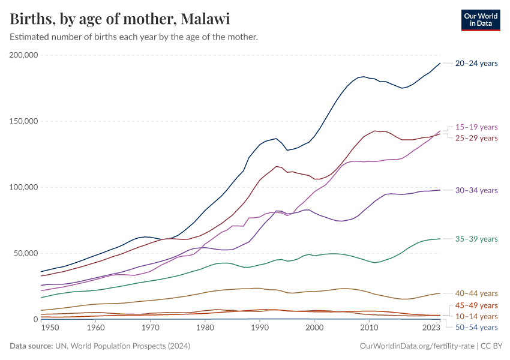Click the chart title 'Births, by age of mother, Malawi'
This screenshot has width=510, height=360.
tap(120, 19)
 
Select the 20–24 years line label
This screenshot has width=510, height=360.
tap(476, 64)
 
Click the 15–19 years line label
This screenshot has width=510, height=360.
tap(476, 127)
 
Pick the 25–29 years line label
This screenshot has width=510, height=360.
tap(476, 138)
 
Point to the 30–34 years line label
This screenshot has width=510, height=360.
tap(476, 190)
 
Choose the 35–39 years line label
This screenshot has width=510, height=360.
tap(476, 239)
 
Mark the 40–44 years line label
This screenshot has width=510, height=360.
tap(476, 293)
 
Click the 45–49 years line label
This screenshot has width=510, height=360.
tap(476, 305)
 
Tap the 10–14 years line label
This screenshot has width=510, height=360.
tap(476, 316)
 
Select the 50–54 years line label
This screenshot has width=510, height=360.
tap(476, 327)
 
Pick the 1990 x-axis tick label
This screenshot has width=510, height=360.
tap(259, 328)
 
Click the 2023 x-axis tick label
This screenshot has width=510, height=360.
tap(431, 328)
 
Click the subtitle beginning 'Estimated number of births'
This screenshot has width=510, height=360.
tap(134, 37)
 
